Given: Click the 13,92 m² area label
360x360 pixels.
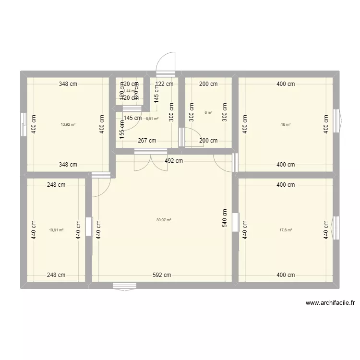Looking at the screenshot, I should [x=68, y=124].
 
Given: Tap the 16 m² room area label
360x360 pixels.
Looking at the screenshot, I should [x=286, y=124].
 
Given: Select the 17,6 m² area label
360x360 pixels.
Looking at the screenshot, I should [x=286, y=230].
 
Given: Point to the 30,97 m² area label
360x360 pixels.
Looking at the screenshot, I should [x=164, y=220].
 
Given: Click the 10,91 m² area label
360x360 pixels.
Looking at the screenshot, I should [x=56, y=230].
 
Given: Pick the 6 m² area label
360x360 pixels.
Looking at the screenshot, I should [x=208, y=112].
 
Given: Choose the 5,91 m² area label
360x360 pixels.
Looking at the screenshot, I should [x=153, y=119].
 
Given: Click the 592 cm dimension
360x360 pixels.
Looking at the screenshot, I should [x=162, y=276].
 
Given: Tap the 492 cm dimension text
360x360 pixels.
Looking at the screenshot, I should [x=173, y=161].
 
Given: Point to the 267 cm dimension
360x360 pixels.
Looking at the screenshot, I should [x=147, y=141].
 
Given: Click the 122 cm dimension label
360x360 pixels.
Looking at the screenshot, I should [x=164, y=84].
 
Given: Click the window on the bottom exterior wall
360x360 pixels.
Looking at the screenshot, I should [x=125, y=286].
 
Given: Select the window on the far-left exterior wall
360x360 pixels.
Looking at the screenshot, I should [x=23, y=124].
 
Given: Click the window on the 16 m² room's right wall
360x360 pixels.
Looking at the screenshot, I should [x=338, y=120].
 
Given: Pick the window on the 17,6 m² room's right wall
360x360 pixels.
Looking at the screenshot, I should [x=337, y=227].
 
